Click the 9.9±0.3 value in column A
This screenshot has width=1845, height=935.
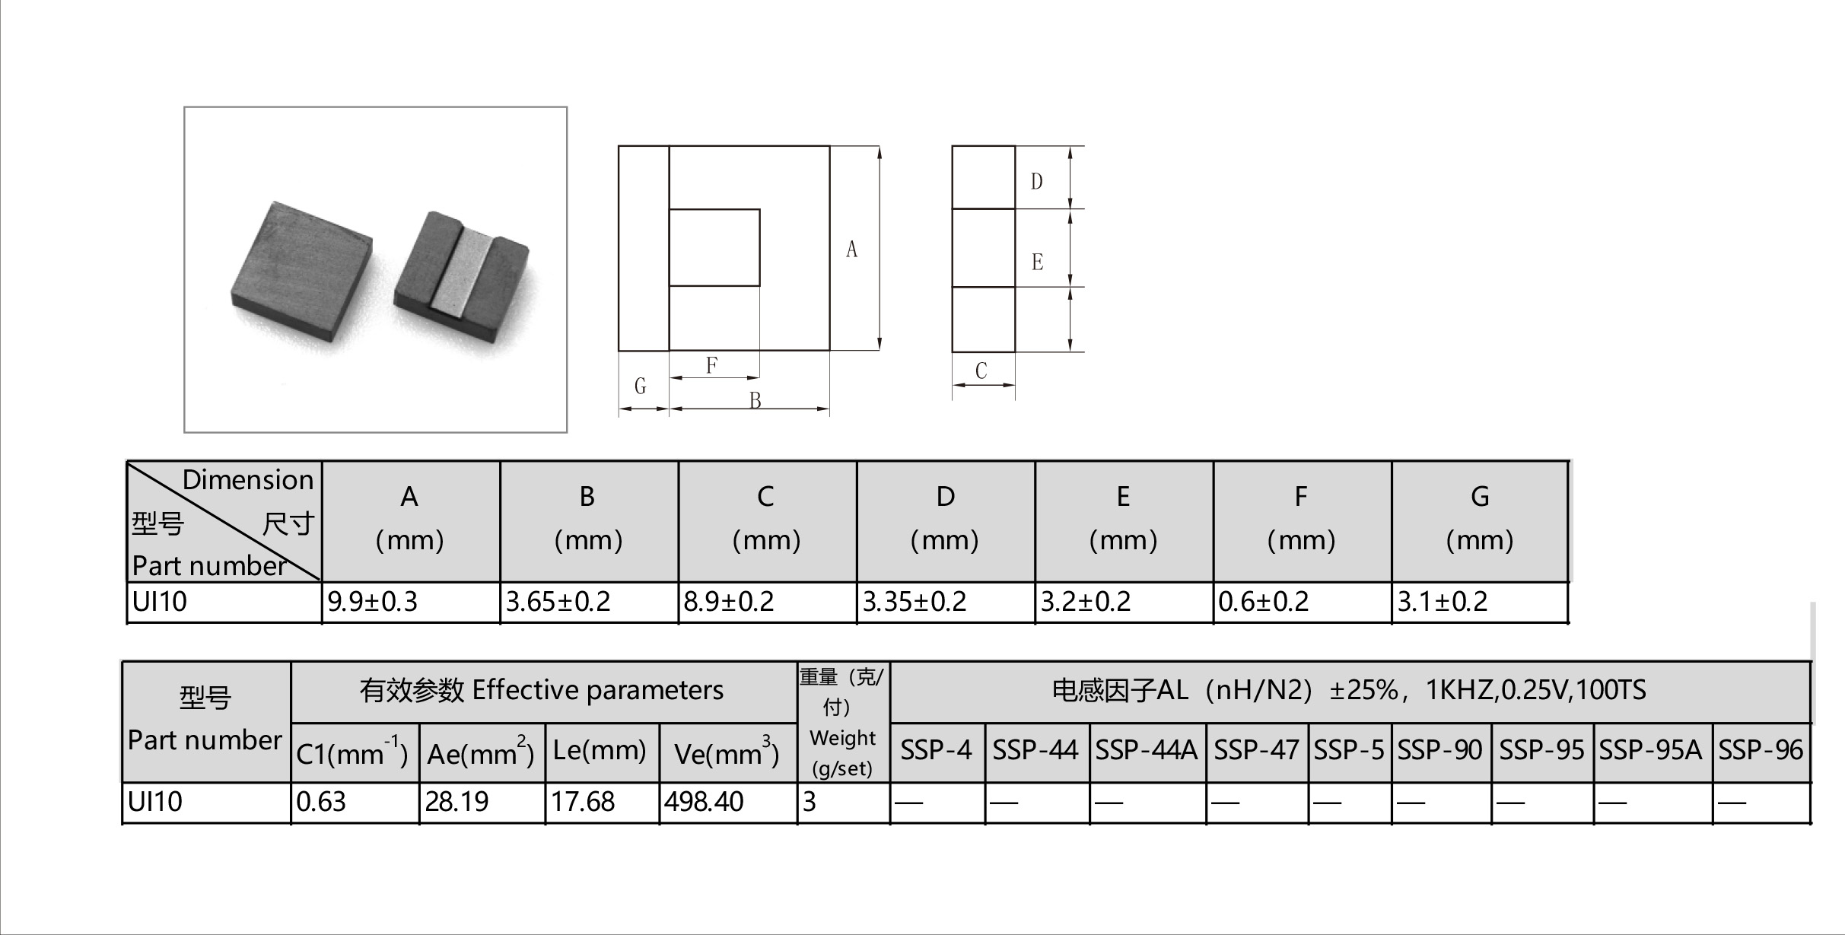pos(372,602)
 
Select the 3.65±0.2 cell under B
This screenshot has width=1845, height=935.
pos(558,602)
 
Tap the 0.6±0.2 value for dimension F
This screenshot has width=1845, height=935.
pos(1263,602)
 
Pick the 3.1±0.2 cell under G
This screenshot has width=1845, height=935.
pos(1442,602)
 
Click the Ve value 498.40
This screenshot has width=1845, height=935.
pos(703,802)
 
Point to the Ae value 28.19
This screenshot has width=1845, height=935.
pos(456,802)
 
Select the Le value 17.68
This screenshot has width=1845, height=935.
pos(582,802)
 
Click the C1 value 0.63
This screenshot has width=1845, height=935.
pos(321,802)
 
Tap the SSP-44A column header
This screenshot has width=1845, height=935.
pos(1147,751)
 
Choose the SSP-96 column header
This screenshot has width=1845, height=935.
pos(1761,751)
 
